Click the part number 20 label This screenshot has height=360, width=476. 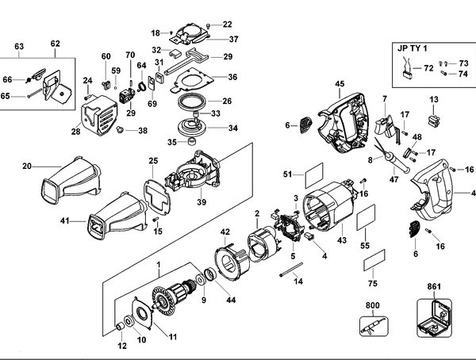(x=27, y=166)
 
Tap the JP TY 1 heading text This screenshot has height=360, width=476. (x=412, y=48)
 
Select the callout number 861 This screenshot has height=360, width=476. (x=434, y=286)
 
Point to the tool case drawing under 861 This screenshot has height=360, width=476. (x=434, y=318)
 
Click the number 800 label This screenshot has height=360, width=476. (x=372, y=305)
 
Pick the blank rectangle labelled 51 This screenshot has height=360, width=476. (x=314, y=175)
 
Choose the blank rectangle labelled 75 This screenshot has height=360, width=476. (x=374, y=260)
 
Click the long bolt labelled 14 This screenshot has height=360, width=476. (x=291, y=270)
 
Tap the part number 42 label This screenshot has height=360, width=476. (x=225, y=232)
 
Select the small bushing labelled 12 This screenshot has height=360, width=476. (x=121, y=327)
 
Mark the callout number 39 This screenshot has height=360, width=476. (x=202, y=202)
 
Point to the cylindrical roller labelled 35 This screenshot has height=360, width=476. (x=191, y=141)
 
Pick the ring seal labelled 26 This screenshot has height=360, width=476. (x=192, y=101)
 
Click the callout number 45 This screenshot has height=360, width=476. (x=340, y=83)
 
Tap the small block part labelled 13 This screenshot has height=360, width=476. (x=433, y=121)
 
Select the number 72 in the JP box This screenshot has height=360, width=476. (x=428, y=68)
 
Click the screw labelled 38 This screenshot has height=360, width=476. (x=119, y=130)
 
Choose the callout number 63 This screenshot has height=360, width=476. (x=19, y=47)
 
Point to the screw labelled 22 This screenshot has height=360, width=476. (x=208, y=26)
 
